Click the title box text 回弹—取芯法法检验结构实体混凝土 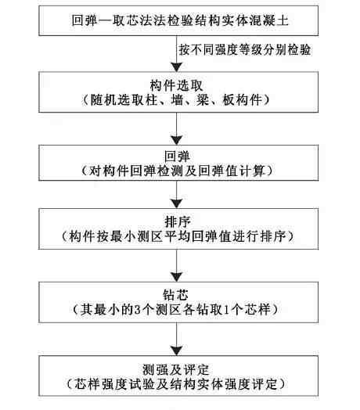[x=180, y=20]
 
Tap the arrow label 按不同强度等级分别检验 [x=245, y=49]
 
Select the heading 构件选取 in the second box [x=176, y=85]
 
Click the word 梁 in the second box [x=203, y=100]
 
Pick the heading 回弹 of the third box [x=177, y=156]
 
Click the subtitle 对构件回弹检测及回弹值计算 [x=177, y=171]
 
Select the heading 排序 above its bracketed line [x=178, y=222]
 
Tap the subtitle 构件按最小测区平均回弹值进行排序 [x=178, y=236]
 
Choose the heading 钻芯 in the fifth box [x=175, y=295]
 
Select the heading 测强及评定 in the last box [x=175, y=370]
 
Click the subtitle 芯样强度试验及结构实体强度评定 [x=175, y=384]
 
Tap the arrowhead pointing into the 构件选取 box [x=177, y=67]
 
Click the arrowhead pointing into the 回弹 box [x=177, y=140]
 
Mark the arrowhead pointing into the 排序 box [x=177, y=204]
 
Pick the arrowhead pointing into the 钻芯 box [x=177, y=278]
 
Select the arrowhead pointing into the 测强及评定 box [x=177, y=351]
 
